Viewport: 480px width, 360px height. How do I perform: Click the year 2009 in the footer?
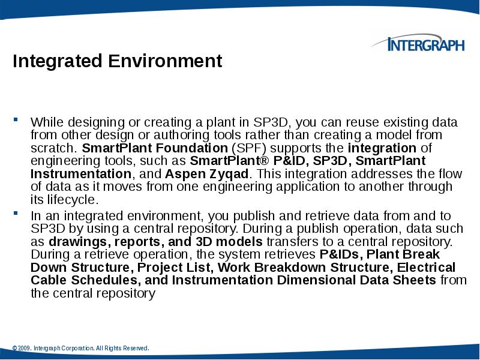[x=25, y=349]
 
